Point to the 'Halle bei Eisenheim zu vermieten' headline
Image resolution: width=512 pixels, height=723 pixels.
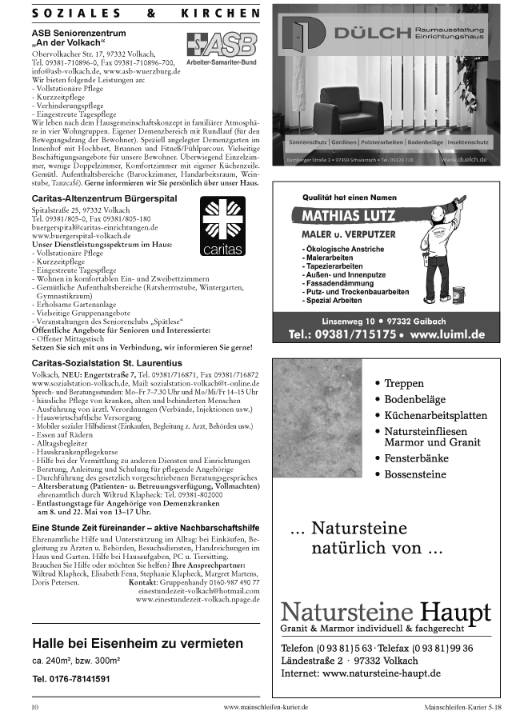[x=138, y=643]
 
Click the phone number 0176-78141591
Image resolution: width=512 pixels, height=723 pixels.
[x=71, y=678]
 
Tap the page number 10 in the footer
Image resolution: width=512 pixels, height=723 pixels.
[x=34, y=708]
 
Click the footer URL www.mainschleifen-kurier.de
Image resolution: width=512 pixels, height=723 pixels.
[x=266, y=708]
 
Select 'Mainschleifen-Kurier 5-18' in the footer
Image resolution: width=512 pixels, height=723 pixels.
[x=463, y=708]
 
